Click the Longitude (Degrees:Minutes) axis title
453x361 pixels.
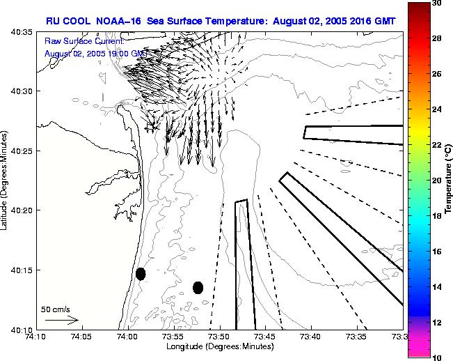220,346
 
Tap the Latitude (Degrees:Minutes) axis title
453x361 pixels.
6,180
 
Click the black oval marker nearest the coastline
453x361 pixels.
141,274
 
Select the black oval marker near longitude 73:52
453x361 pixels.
198,287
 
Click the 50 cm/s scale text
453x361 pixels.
56,309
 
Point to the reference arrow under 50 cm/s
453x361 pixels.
61,320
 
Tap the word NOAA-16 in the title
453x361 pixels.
120,21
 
